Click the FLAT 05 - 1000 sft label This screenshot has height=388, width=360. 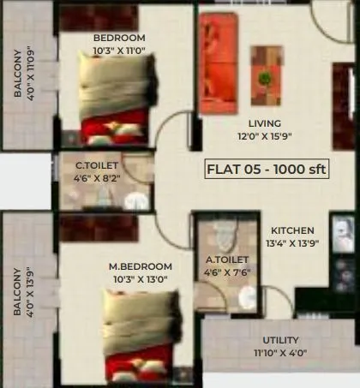267,168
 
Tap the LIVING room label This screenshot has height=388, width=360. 265,123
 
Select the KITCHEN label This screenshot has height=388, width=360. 293,230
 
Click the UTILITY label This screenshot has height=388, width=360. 280,340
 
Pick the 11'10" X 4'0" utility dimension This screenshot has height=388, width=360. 280,353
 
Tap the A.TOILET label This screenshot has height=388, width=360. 227,259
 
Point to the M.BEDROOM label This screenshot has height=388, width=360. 141,266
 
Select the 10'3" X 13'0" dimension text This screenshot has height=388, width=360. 141,279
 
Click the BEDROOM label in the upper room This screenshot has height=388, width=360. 120,39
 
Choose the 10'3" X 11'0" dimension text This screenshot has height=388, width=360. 120,51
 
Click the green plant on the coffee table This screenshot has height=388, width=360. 266,78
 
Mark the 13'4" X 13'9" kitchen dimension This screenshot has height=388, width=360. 293,244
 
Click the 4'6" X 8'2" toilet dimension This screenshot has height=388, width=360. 96,180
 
